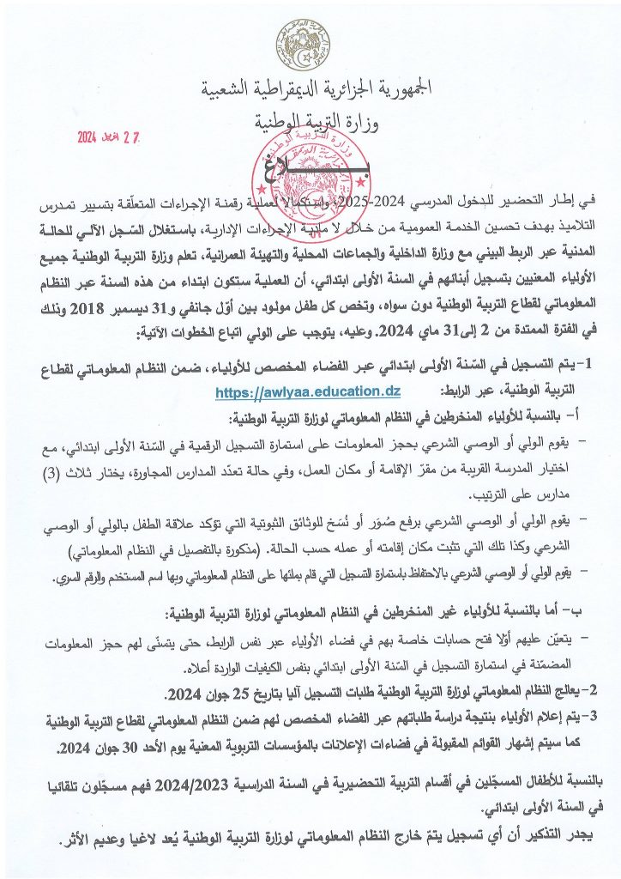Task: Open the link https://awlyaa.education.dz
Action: coord(295,391)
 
